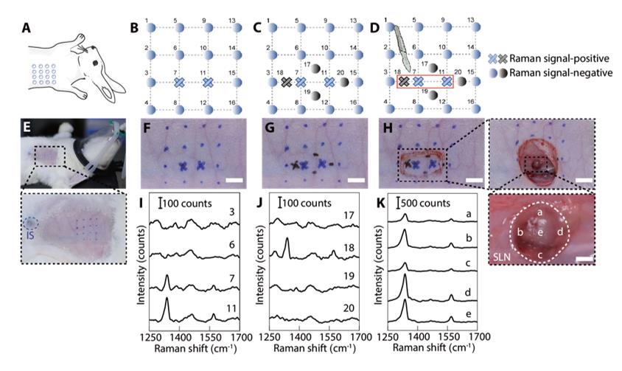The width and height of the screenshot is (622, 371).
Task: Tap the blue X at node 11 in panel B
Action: click(209, 82)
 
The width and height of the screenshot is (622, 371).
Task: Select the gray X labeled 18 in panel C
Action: click(286, 82)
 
